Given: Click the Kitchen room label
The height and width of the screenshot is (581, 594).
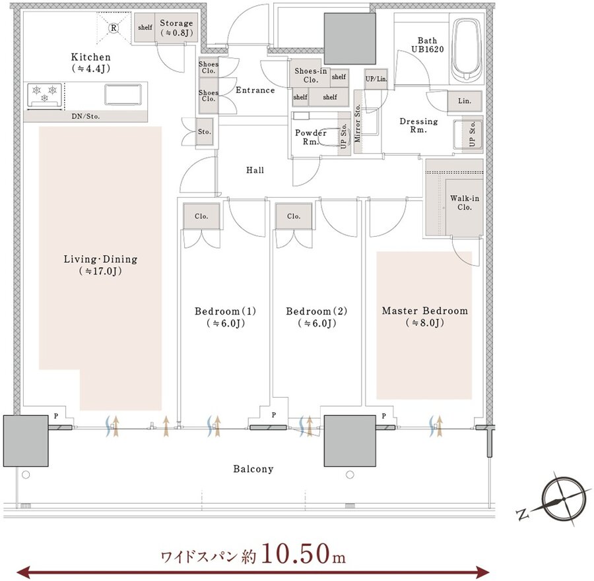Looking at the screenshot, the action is click(x=91, y=57).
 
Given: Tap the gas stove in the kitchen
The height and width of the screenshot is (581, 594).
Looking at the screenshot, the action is click(x=45, y=94).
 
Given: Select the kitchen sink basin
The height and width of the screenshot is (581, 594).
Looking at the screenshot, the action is click(x=123, y=94).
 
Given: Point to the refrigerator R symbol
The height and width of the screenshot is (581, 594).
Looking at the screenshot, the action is click(x=114, y=28).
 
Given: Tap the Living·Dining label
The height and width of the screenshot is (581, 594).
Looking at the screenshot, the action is click(x=100, y=259).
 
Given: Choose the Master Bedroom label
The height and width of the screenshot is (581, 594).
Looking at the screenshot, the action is click(x=424, y=311).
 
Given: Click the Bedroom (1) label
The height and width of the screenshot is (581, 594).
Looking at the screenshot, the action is click(x=226, y=311).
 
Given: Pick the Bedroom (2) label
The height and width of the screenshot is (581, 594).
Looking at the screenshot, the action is click(x=317, y=311).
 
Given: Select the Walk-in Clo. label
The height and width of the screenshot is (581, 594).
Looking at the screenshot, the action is click(x=465, y=202).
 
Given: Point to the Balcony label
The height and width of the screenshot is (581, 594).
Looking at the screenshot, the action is click(x=253, y=469).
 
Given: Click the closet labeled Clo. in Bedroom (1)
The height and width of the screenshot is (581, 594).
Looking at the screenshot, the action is click(x=201, y=216).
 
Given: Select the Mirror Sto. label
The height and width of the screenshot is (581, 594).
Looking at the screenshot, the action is click(x=357, y=123).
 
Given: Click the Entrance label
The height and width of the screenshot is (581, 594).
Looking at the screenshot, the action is click(x=255, y=90).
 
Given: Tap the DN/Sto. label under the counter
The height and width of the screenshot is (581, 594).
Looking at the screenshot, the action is click(x=86, y=116).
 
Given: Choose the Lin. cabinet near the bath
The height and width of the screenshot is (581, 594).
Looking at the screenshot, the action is click(x=465, y=101).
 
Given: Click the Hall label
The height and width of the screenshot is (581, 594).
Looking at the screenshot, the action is click(x=255, y=170).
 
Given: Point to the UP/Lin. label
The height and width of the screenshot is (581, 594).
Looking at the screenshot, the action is click(x=376, y=78).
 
